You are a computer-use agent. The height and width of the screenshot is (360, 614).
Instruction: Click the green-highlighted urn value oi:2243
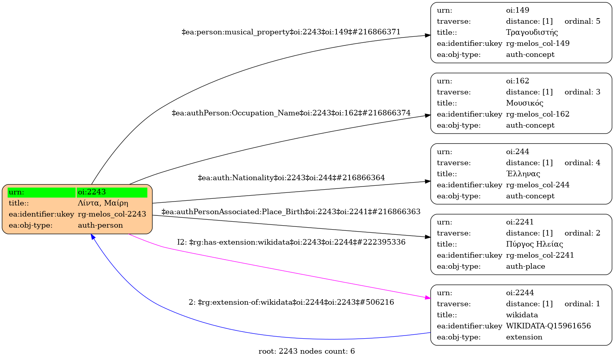(92, 192)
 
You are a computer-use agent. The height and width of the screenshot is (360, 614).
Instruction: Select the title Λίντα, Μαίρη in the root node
(103, 203)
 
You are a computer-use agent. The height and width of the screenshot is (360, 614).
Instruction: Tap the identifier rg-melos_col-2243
(112, 214)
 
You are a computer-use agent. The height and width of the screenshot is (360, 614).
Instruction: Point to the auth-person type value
(100, 225)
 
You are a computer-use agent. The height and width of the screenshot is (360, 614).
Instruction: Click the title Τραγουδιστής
(532, 32)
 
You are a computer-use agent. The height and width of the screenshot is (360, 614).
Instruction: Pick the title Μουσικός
(525, 103)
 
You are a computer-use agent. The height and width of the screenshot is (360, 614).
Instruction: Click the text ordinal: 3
(582, 92)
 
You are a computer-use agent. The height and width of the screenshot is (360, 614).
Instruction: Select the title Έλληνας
(523, 174)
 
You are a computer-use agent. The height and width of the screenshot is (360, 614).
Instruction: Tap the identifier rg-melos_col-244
(538, 185)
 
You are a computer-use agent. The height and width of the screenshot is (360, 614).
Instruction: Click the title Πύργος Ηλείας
(535, 244)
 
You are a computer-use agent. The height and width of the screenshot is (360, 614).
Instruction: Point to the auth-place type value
(525, 266)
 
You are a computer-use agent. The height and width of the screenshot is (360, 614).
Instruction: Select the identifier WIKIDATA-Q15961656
(548, 326)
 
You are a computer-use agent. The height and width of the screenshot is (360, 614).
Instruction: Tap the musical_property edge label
(291, 32)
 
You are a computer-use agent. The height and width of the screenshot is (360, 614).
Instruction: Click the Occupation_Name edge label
(291, 113)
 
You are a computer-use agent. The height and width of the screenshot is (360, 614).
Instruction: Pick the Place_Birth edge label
(291, 212)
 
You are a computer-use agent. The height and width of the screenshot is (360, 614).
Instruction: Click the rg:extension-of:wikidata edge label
(291, 303)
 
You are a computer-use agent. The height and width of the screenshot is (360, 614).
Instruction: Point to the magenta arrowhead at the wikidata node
(427, 298)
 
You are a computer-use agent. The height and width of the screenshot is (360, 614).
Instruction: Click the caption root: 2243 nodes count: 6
(306, 351)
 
